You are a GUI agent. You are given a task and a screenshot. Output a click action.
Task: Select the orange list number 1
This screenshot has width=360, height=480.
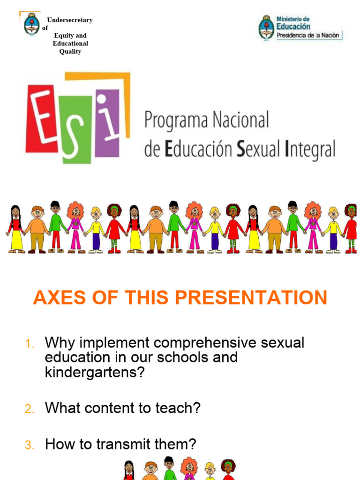tap(29, 345)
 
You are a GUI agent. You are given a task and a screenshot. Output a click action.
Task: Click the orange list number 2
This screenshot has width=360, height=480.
tap(30, 409)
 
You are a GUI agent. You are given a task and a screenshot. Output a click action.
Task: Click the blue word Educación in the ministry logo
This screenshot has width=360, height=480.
tap(293, 27)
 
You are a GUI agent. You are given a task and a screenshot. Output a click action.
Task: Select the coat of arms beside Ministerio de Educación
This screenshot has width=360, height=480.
tap(266, 27)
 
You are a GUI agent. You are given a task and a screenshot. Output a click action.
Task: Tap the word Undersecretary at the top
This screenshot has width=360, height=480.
tap(70, 20)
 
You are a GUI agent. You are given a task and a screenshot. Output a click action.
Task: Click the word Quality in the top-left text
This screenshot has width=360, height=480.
tap(70, 52)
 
